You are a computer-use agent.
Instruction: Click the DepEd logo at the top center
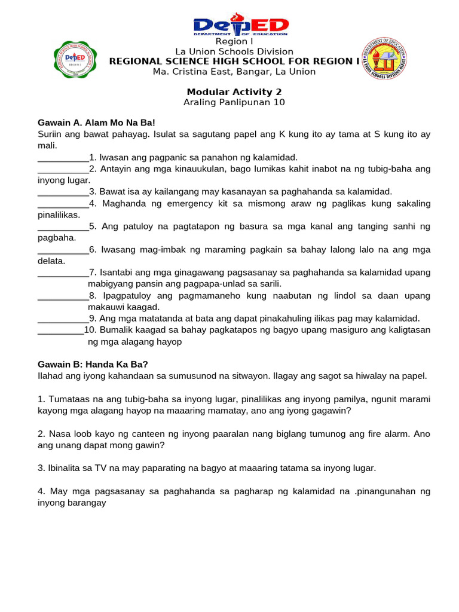(x=240, y=25)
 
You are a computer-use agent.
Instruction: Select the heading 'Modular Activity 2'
(x=234, y=92)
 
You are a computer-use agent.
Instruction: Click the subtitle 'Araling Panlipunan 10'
(x=234, y=102)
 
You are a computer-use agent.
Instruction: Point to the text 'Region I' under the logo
(x=234, y=42)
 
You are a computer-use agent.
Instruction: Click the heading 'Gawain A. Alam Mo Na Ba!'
(x=96, y=123)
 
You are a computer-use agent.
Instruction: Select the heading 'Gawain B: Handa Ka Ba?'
(x=93, y=364)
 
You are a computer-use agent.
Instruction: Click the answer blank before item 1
(x=63, y=158)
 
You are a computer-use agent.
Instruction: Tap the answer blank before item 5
(x=63, y=227)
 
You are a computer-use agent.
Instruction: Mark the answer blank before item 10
(x=60, y=330)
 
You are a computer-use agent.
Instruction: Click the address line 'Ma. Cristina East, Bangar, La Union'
(x=234, y=72)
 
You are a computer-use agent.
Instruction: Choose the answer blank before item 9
(x=63, y=319)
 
